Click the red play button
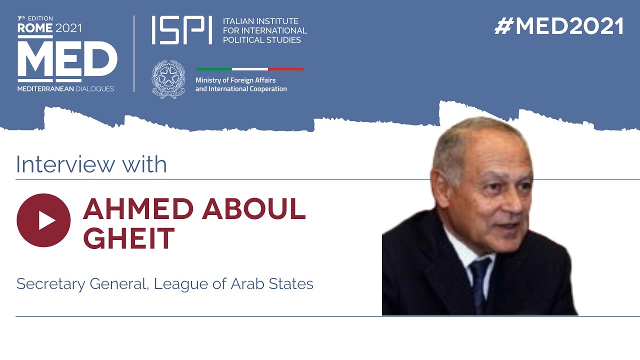[x=43, y=220]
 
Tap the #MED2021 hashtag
[x=559, y=26]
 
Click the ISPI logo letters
[x=181, y=30]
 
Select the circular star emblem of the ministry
[x=168, y=79]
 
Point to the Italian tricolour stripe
[x=249, y=69]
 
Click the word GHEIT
[x=128, y=238]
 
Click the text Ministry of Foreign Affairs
[x=235, y=80]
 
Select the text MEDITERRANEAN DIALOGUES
[x=65, y=89]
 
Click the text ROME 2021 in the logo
[x=49, y=28]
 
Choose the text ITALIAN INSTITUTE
[x=260, y=21]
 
